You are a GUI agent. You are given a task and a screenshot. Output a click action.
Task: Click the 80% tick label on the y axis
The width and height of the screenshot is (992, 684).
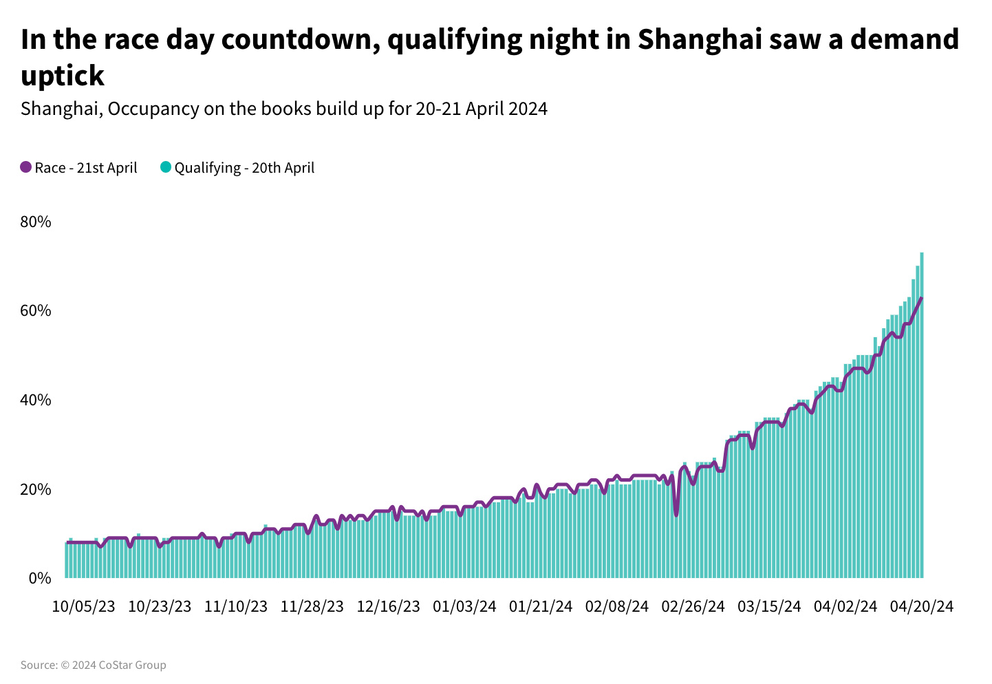[36, 222]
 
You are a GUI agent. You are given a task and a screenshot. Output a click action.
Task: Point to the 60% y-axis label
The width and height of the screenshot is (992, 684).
[36, 311]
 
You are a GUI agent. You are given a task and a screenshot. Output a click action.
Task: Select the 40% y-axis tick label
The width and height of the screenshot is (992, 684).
[36, 400]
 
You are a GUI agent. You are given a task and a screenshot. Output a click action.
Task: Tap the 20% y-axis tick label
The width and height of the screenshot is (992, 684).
[36, 489]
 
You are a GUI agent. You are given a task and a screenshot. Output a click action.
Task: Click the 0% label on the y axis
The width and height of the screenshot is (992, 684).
[40, 578]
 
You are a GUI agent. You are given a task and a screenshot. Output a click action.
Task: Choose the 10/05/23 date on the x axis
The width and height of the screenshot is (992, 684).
[83, 606]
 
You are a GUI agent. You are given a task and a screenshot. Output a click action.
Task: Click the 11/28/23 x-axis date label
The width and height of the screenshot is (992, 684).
[312, 606]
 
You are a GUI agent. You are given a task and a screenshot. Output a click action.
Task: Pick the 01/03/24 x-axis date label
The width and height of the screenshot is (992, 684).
[464, 606]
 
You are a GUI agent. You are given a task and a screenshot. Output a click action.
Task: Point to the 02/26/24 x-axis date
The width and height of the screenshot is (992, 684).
[693, 606]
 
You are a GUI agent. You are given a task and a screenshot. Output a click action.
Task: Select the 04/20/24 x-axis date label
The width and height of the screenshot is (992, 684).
[922, 606]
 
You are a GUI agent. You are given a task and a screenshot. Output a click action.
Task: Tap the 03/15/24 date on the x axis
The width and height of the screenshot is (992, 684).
[769, 606]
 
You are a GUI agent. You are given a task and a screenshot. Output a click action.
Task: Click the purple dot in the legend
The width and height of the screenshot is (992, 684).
[26, 167]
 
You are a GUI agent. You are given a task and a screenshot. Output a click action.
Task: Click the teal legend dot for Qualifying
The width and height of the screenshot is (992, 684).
[165, 167]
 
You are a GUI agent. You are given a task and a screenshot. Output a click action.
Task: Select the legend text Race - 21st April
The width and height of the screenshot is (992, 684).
[86, 168]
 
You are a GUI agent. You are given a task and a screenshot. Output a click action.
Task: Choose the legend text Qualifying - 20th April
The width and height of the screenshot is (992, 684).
[244, 168]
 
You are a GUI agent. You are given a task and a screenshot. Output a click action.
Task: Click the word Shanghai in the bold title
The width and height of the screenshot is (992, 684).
[699, 40]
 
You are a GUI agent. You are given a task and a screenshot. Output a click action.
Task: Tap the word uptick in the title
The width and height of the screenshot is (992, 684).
[63, 76]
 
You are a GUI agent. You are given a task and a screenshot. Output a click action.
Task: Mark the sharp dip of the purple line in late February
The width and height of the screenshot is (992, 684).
[676, 513]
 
